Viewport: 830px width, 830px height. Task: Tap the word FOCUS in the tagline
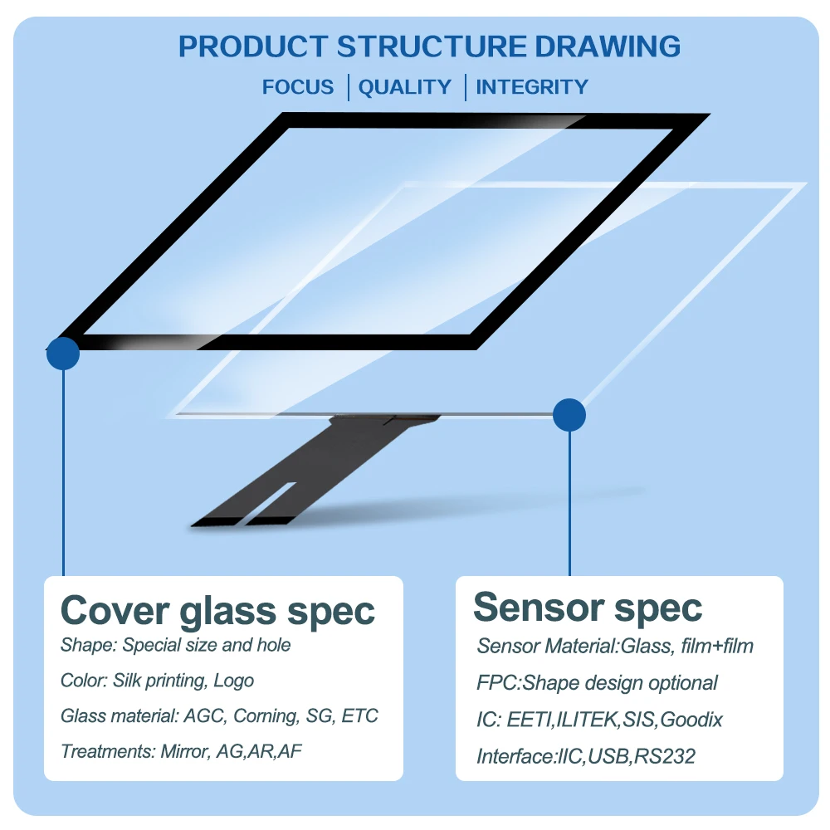coord(298,87)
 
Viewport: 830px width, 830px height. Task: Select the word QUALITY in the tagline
coord(405,87)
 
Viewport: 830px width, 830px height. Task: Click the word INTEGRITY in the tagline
coord(532,87)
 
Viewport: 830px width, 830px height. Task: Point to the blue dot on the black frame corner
coord(63,354)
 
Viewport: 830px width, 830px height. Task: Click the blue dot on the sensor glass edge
coord(569,414)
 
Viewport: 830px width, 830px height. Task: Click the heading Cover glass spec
coord(217,611)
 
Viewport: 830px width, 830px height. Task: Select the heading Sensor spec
coord(588,608)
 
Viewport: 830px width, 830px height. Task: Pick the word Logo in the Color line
coord(234,681)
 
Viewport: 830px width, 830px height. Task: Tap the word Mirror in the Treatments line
coord(182,752)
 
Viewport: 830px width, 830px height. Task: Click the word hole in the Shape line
coord(274,645)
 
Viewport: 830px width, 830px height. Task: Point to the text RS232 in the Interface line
coord(665,756)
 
